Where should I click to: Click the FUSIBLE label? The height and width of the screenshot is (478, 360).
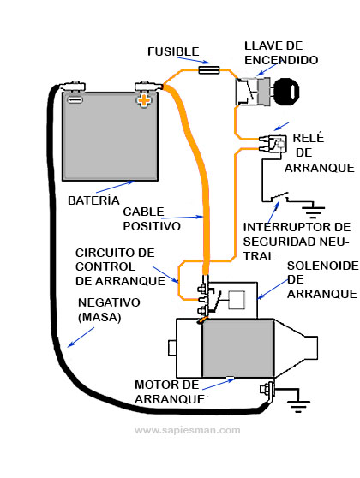pyautogui.click(x=173, y=51)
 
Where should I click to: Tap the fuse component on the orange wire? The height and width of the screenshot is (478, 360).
pyautogui.click(x=208, y=73)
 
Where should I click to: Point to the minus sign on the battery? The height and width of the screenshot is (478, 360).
pyautogui.click(x=75, y=99)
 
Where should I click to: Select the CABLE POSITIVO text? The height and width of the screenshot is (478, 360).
pyautogui.click(x=152, y=219)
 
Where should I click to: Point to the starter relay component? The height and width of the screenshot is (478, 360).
pyautogui.click(x=276, y=143)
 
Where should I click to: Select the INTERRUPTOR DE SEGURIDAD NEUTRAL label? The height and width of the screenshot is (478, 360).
pyautogui.click(x=297, y=241)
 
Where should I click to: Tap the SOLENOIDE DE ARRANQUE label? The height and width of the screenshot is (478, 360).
pyautogui.click(x=321, y=280)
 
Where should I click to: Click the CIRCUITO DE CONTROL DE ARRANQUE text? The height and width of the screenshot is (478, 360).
pyautogui.click(x=115, y=266)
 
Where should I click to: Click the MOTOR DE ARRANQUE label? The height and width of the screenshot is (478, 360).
pyautogui.click(x=170, y=391)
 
